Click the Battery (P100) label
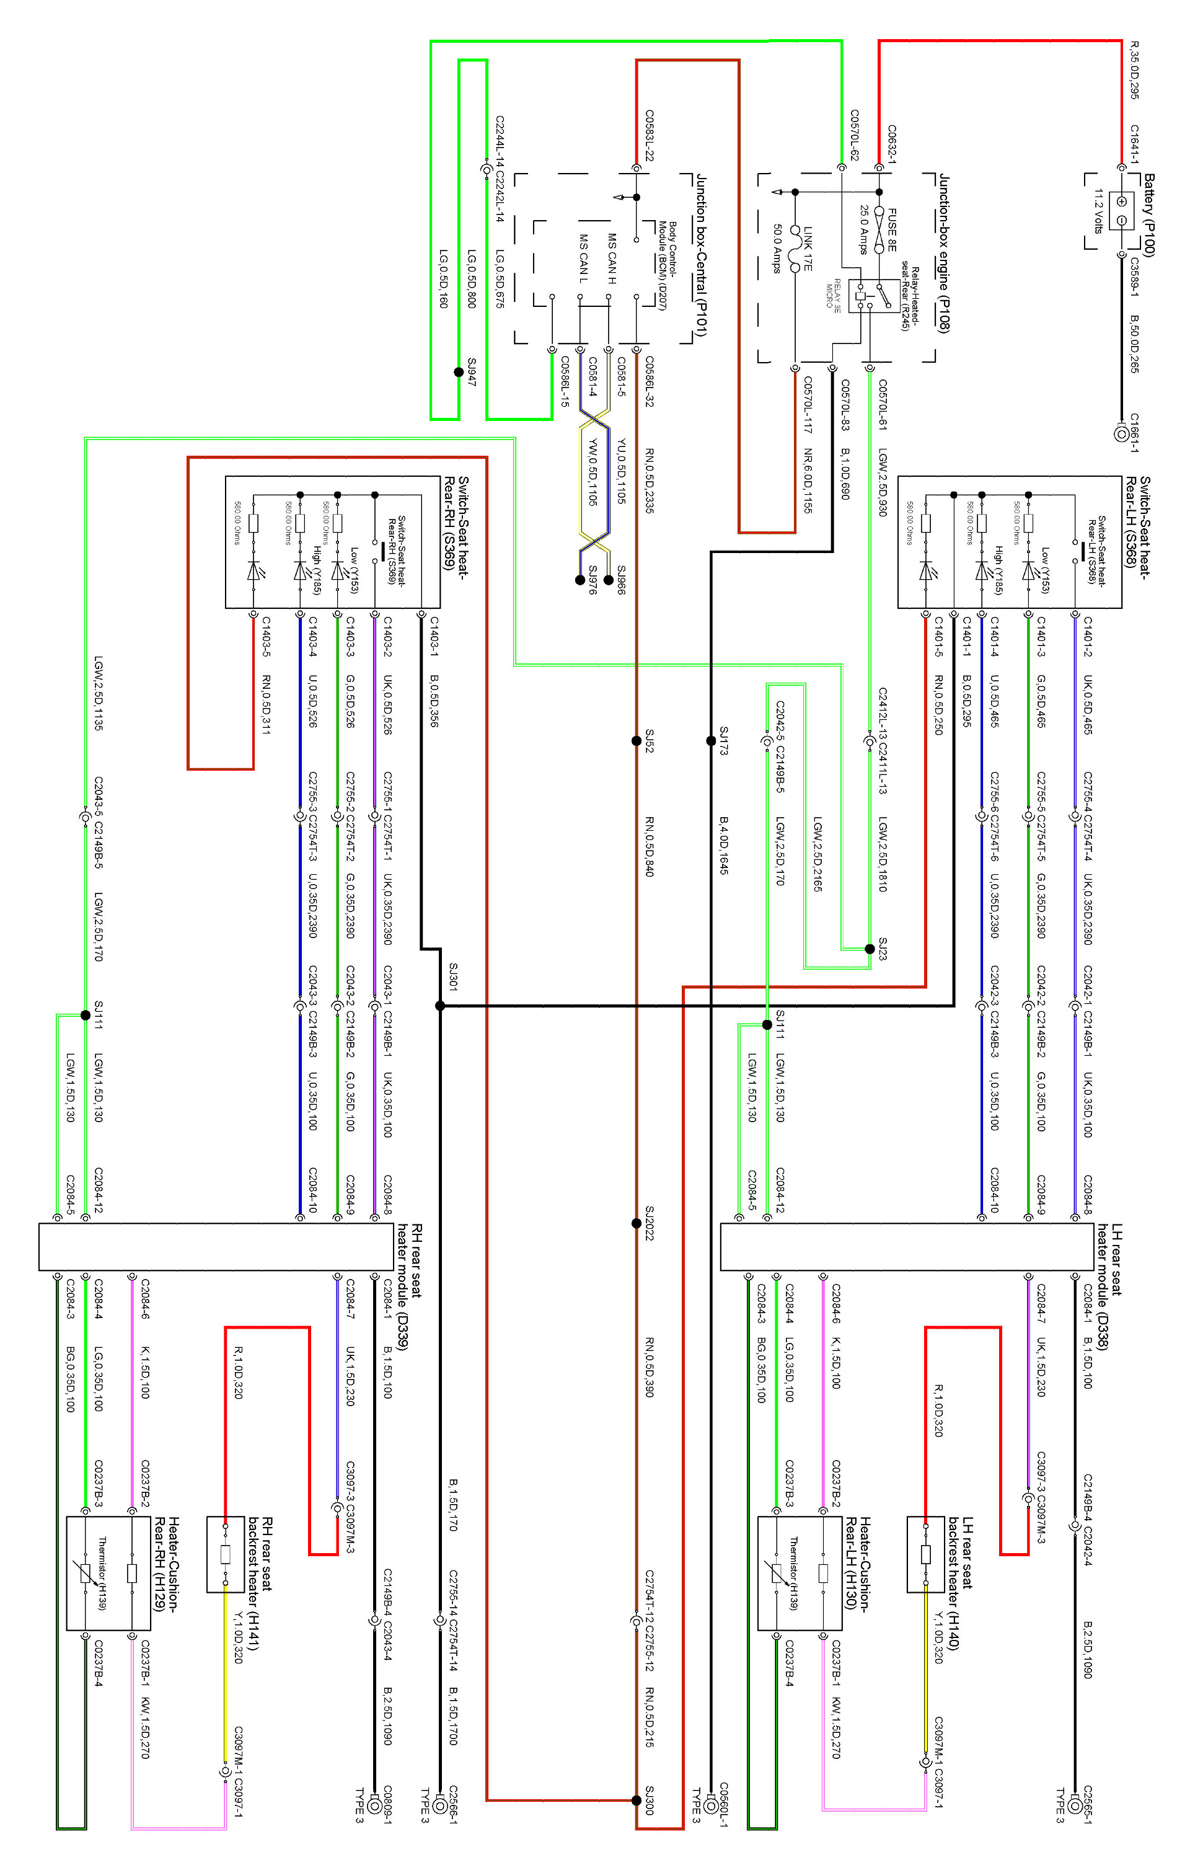pos(1148,216)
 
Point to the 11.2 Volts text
pos(1097,211)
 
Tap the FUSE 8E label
pos(892,229)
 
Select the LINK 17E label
pos(807,248)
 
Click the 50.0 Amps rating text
pos(777,249)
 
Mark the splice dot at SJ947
pos(459,373)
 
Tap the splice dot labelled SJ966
pos(609,580)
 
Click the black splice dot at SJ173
pos(711,740)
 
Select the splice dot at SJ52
pos(636,740)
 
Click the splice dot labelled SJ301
pos(439,1006)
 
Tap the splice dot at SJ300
pos(636,1800)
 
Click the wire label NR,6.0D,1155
pos(808,480)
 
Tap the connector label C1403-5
pos(266,637)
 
